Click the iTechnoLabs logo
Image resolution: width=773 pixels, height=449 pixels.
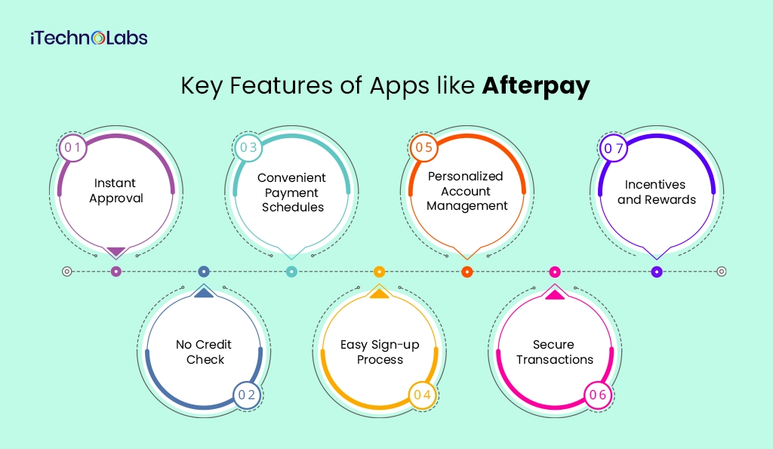89,38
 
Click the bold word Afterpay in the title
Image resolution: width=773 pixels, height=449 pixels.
536,86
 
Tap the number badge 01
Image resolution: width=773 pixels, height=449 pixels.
72,148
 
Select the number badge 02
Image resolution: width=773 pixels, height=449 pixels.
247,395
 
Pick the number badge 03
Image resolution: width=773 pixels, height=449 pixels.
248,147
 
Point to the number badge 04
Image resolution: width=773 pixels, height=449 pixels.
422,395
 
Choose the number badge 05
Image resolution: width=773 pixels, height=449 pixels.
423,147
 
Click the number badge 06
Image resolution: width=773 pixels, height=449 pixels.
597,395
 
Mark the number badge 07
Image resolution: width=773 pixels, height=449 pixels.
613,148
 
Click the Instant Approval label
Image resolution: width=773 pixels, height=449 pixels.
115,191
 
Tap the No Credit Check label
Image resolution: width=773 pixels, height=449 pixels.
204,352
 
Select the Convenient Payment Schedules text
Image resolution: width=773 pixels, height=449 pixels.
291,192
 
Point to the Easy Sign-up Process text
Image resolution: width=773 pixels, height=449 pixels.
380,352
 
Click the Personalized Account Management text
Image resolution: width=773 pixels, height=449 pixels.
466,191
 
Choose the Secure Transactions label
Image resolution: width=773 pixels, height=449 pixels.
555,352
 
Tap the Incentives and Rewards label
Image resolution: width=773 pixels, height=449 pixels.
656,192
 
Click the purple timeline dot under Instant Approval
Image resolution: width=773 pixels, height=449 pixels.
115,272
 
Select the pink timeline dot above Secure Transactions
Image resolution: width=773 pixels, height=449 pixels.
555,272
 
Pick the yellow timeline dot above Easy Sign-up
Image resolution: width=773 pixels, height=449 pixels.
380,272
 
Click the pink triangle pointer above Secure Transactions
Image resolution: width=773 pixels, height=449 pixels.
555,294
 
